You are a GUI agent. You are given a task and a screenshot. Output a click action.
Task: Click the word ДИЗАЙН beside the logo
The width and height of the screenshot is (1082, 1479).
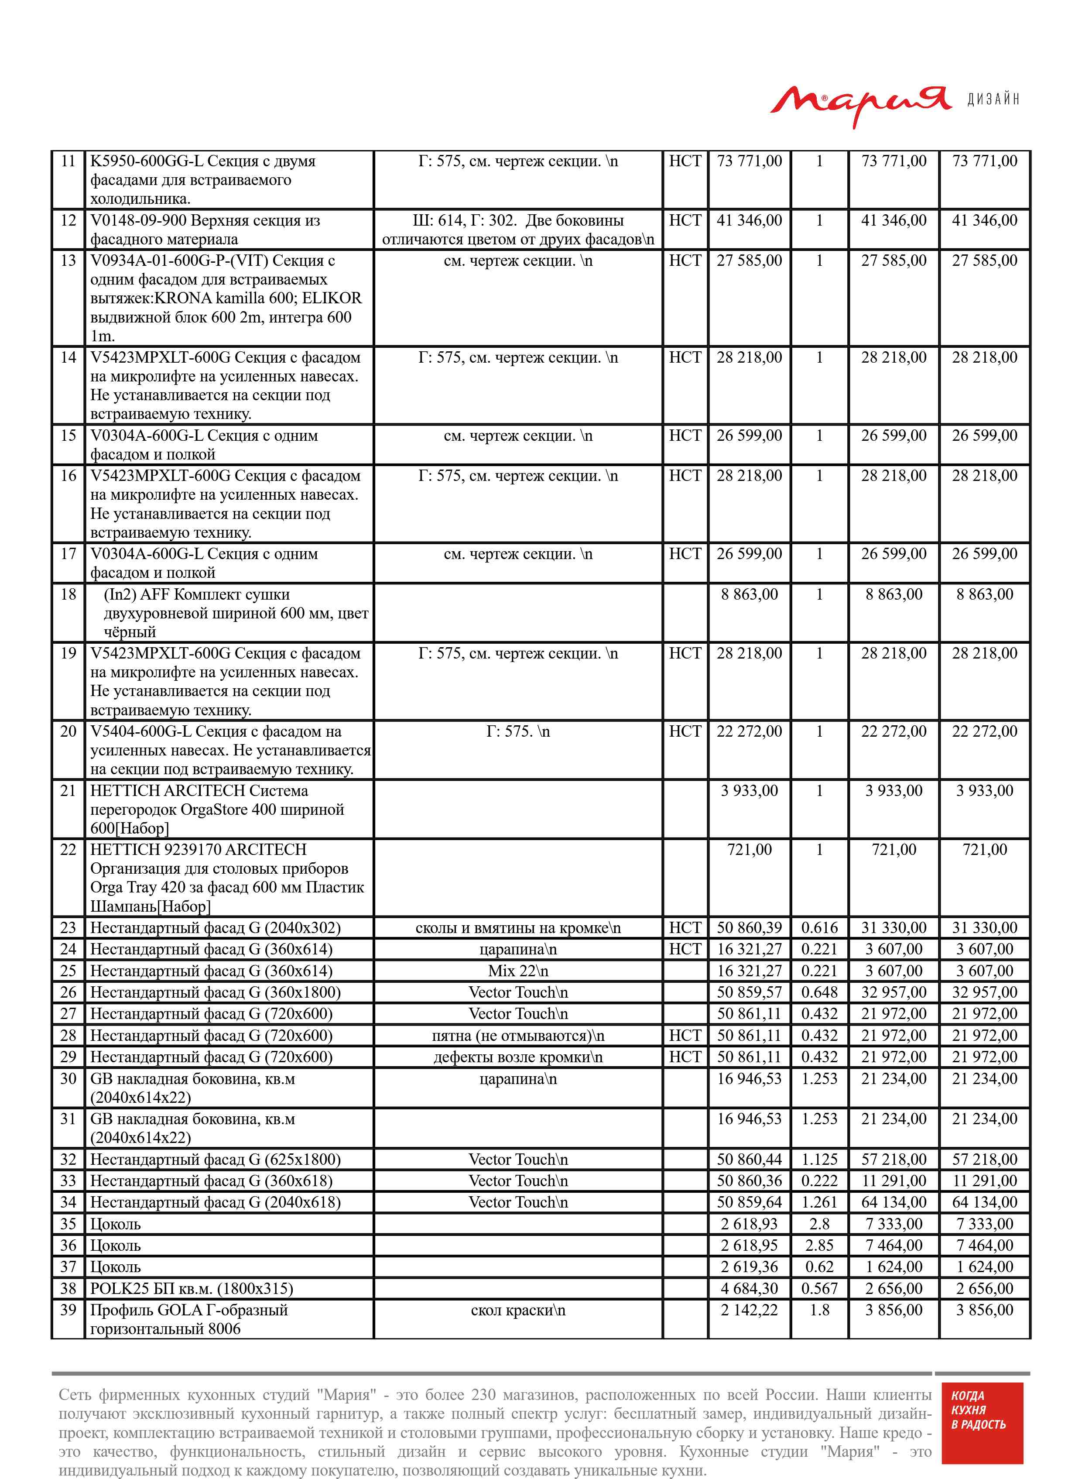(993, 100)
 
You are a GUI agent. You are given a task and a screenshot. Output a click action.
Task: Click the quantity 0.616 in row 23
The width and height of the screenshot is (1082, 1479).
(819, 927)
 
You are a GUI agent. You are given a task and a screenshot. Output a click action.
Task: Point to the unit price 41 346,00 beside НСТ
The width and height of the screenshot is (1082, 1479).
(749, 221)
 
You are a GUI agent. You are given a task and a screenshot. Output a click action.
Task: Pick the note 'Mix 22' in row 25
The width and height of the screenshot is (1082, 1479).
(517, 971)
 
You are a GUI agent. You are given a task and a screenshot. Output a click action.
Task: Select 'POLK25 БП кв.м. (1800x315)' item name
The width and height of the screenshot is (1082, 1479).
(191, 1288)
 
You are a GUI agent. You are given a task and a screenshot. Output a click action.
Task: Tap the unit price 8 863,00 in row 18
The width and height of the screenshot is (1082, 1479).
(749, 595)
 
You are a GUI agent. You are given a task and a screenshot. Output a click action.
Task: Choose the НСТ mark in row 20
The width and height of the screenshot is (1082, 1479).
(685, 731)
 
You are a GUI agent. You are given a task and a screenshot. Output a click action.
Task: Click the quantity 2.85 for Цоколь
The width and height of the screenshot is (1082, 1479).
(819, 1245)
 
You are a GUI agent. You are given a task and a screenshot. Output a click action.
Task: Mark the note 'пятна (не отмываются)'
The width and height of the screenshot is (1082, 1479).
(517, 1036)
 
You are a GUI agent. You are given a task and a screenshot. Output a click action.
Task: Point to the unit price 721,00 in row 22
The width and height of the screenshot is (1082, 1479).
(749, 850)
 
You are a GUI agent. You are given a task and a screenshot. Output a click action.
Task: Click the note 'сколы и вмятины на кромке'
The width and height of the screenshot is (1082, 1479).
(517, 927)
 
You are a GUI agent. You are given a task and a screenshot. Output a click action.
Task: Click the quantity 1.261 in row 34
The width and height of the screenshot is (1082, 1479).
(819, 1202)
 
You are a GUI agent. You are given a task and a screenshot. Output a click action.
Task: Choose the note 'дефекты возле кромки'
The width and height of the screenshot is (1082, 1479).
(517, 1057)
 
